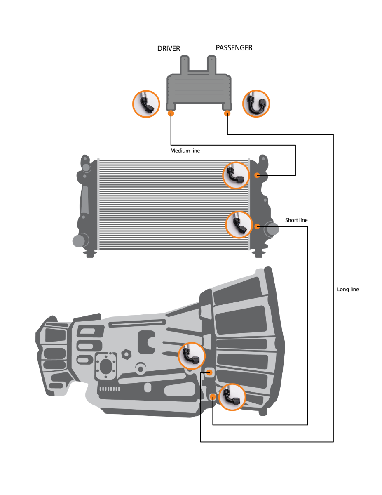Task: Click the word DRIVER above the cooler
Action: point(169,49)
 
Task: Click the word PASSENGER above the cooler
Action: point(234,48)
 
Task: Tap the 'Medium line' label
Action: point(185,151)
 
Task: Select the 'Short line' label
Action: point(296,220)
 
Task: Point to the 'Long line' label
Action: point(348,290)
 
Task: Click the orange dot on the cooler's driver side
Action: point(171,113)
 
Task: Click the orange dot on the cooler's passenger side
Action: point(227,113)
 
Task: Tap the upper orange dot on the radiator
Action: point(257,176)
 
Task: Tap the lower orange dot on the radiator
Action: point(257,226)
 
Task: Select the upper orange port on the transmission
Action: point(209,372)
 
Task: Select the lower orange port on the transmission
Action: point(213,397)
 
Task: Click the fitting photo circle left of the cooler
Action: point(146,104)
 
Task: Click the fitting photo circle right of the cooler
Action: point(255,104)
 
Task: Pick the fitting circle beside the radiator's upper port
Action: point(236,175)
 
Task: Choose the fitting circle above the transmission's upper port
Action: point(192,356)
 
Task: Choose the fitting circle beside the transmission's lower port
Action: point(232,397)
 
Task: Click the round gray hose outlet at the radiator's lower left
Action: point(79,240)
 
